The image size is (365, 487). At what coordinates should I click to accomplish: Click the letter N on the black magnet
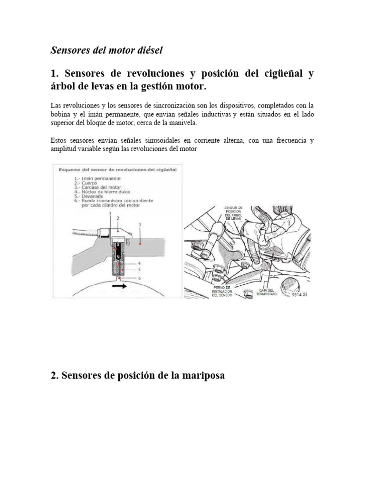pyautogui.click(x=116, y=256)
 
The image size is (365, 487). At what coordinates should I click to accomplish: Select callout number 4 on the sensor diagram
pyautogui.click(x=139, y=263)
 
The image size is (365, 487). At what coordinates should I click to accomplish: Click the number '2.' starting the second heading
pyautogui.click(x=55, y=375)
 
